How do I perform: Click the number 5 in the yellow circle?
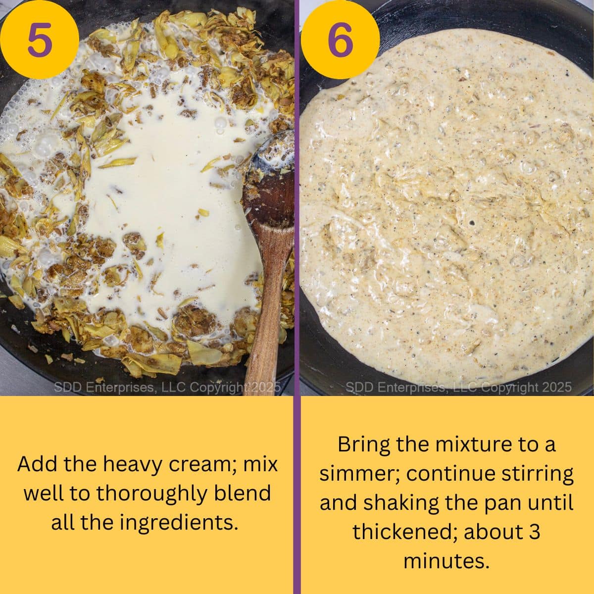click(39, 40)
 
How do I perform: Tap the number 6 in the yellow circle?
click(340, 40)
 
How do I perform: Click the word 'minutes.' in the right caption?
click(445, 561)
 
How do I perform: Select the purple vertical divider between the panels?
click(297, 297)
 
